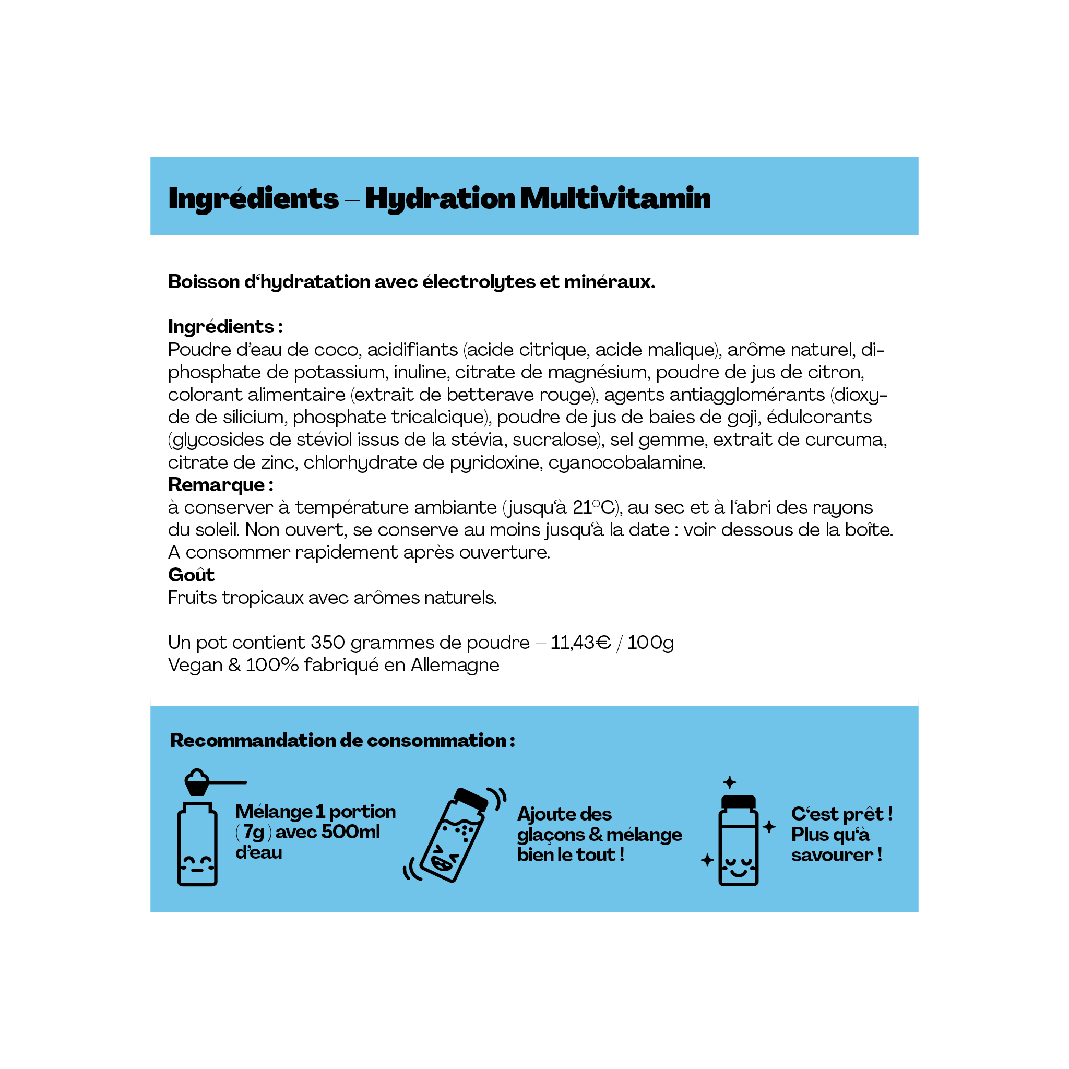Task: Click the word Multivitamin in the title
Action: tap(615, 199)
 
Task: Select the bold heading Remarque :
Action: tap(221, 485)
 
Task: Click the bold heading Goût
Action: tap(191, 575)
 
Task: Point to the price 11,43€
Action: tap(580, 643)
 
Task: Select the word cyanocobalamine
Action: tap(626, 462)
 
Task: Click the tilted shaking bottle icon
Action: tap(454, 836)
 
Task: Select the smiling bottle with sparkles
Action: tap(738, 841)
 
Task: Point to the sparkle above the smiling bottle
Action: tap(730, 782)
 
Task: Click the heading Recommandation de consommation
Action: tap(342, 741)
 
